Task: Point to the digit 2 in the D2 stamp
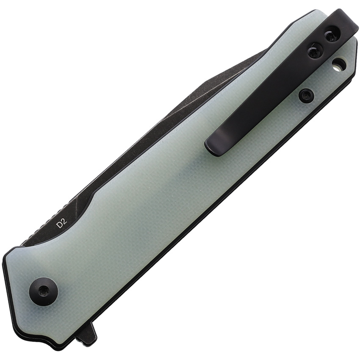coord(64,222)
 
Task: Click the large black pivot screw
coord(43,290)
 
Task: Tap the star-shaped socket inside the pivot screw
coord(43,290)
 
